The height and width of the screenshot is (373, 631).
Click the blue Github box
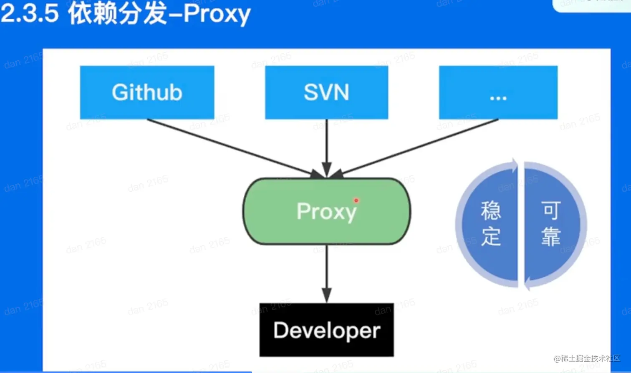pyautogui.click(x=147, y=92)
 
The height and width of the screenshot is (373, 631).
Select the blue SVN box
pyautogui.click(x=326, y=92)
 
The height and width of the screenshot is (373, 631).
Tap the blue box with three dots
pyautogui.click(x=498, y=92)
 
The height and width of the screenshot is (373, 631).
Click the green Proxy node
pyautogui.click(x=326, y=211)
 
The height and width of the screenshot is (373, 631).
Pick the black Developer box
pyautogui.click(x=326, y=330)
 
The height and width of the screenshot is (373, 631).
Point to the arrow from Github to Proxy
pyautogui.click(x=234, y=147)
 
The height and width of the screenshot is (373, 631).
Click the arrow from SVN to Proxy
pyautogui.click(x=327, y=146)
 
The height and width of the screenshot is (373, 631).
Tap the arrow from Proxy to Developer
pyautogui.click(x=327, y=273)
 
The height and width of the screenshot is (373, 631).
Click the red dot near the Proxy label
pyautogui.click(x=356, y=200)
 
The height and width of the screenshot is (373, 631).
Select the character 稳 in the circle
pyautogui.click(x=491, y=211)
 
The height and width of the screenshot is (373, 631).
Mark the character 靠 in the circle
pyautogui.click(x=551, y=237)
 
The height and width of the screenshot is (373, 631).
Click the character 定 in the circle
pyautogui.click(x=491, y=237)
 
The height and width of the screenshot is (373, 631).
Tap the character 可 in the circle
pyautogui.click(x=551, y=211)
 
